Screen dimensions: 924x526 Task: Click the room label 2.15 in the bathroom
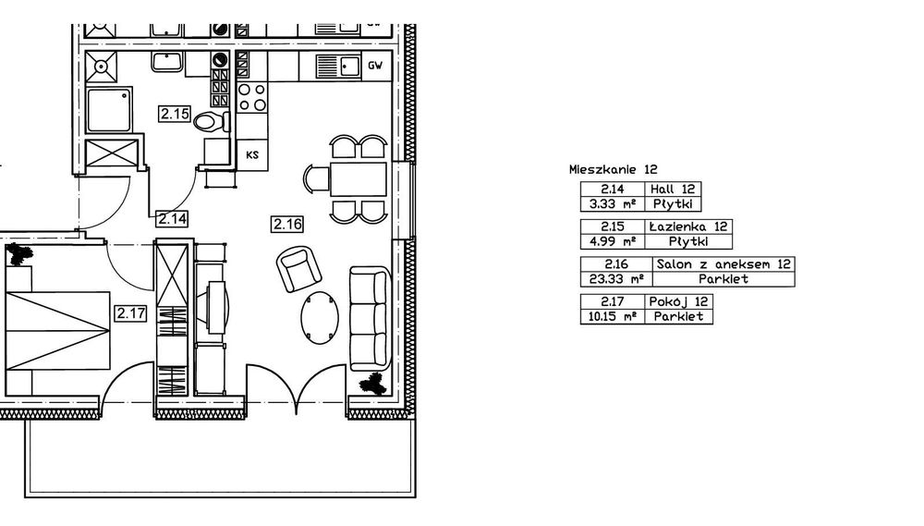point(175,113)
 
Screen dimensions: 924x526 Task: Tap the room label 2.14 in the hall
point(172,219)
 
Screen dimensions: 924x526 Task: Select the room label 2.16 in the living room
point(287,224)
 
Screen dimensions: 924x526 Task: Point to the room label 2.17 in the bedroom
point(130,313)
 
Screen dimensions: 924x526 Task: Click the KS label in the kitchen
point(252,155)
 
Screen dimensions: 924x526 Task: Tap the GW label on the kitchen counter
point(375,66)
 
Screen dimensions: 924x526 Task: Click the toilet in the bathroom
point(211,122)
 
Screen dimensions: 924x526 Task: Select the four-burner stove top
point(251,97)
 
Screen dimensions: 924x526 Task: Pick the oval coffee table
point(320,318)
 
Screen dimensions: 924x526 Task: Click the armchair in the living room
point(299,269)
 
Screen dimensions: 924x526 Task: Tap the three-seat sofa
point(371,318)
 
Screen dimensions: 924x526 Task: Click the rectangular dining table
point(358,179)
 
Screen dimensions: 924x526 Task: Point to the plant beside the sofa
point(373,385)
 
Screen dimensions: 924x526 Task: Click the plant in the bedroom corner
point(19,254)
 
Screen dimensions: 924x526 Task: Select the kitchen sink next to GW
point(337,66)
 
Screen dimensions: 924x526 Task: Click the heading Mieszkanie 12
point(613,170)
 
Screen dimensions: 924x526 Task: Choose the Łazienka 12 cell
point(688,226)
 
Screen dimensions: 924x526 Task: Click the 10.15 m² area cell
point(613,317)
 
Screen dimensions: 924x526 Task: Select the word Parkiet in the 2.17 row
point(679,317)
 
